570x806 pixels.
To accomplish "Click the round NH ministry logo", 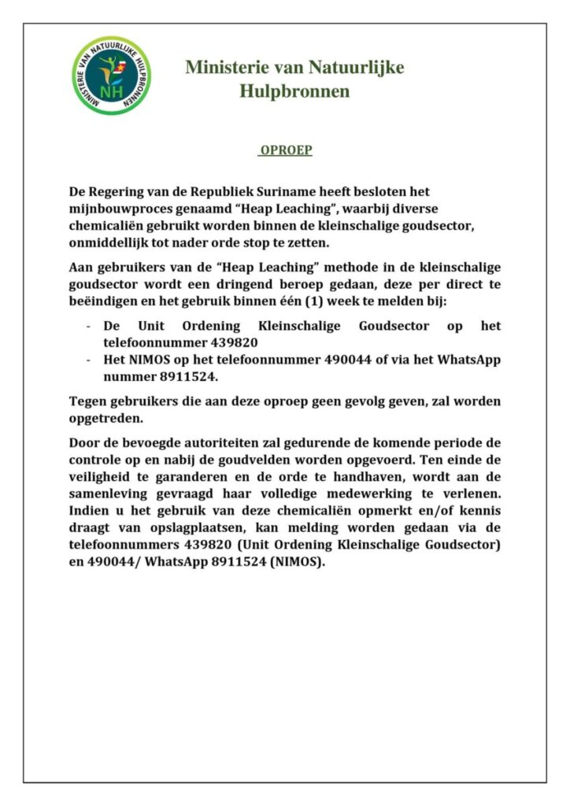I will point(113,76).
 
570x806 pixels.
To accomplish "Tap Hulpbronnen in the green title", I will point(294,92).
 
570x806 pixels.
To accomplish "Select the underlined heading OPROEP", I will point(286,150).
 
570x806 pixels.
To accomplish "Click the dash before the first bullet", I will point(87,326).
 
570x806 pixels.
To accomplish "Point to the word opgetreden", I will point(103,418).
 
